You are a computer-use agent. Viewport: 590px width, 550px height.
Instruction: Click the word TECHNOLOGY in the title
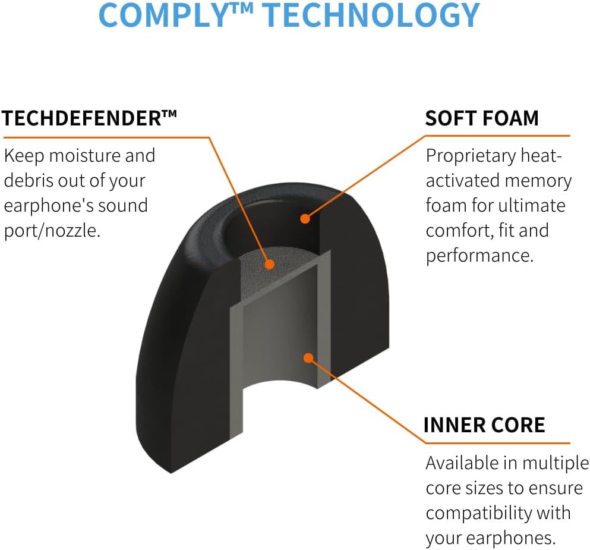pos(371,15)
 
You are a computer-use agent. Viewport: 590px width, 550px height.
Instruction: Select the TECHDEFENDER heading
pos(89,118)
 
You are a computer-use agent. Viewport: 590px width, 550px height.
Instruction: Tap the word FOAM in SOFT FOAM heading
pos(510,118)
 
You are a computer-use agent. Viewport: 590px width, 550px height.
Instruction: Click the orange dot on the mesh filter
pos(269,264)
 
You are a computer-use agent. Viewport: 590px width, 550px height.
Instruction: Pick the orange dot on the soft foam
pos(305,218)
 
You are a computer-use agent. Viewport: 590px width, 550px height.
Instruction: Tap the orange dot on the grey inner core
pos(308,357)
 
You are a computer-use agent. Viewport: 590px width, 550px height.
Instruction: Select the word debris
pos(29,180)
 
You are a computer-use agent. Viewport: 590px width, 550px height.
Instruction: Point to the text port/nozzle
pos(52,231)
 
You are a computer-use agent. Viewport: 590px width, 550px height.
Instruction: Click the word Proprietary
pos(471,156)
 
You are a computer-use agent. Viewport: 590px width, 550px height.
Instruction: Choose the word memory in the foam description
pos(538,181)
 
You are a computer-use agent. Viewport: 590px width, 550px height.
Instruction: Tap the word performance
pos(479,256)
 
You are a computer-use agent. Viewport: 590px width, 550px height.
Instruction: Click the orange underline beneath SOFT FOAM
pos(497,136)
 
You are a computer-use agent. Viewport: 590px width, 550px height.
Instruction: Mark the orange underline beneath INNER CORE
pos(497,443)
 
